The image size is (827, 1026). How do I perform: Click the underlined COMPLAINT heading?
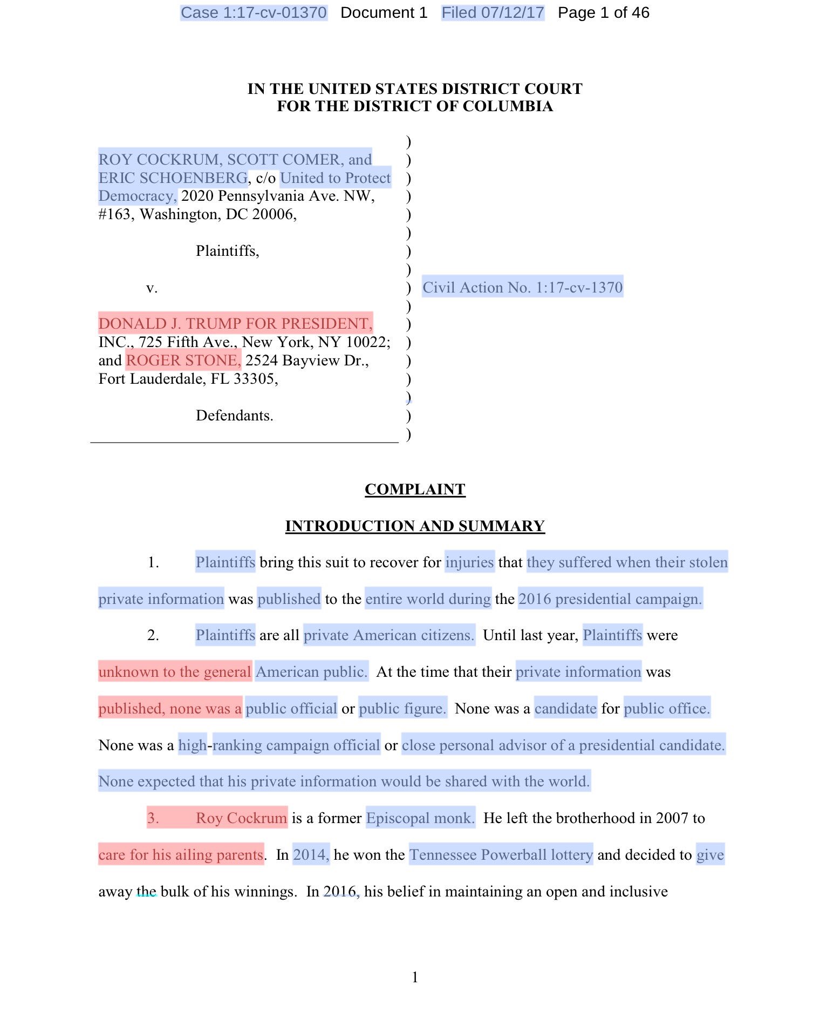[x=414, y=489]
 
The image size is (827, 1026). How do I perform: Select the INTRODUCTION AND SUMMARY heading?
[x=414, y=526]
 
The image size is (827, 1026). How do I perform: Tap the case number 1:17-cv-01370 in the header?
[x=254, y=12]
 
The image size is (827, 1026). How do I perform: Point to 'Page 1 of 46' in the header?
[x=603, y=12]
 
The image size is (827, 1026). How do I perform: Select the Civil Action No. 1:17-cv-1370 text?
[x=522, y=287]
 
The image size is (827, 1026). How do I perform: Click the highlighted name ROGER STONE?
[x=183, y=361]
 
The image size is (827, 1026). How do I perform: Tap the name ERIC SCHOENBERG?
[x=173, y=178]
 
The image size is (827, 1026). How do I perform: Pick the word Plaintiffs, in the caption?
[x=227, y=251]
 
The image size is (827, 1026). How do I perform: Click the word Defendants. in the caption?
[x=234, y=416]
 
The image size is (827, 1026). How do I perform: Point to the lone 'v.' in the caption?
[x=152, y=288]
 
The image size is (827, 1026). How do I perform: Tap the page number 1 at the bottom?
[x=414, y=977]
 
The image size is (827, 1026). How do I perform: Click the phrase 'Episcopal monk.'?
[x=420, y=818]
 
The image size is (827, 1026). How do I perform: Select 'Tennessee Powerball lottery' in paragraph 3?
[x=501, y=855]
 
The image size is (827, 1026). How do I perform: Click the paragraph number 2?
[x=153, y=635]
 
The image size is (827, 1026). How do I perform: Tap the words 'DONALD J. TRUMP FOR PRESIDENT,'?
[x=235, y=324]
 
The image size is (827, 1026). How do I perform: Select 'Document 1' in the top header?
[x=384, y=12]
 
